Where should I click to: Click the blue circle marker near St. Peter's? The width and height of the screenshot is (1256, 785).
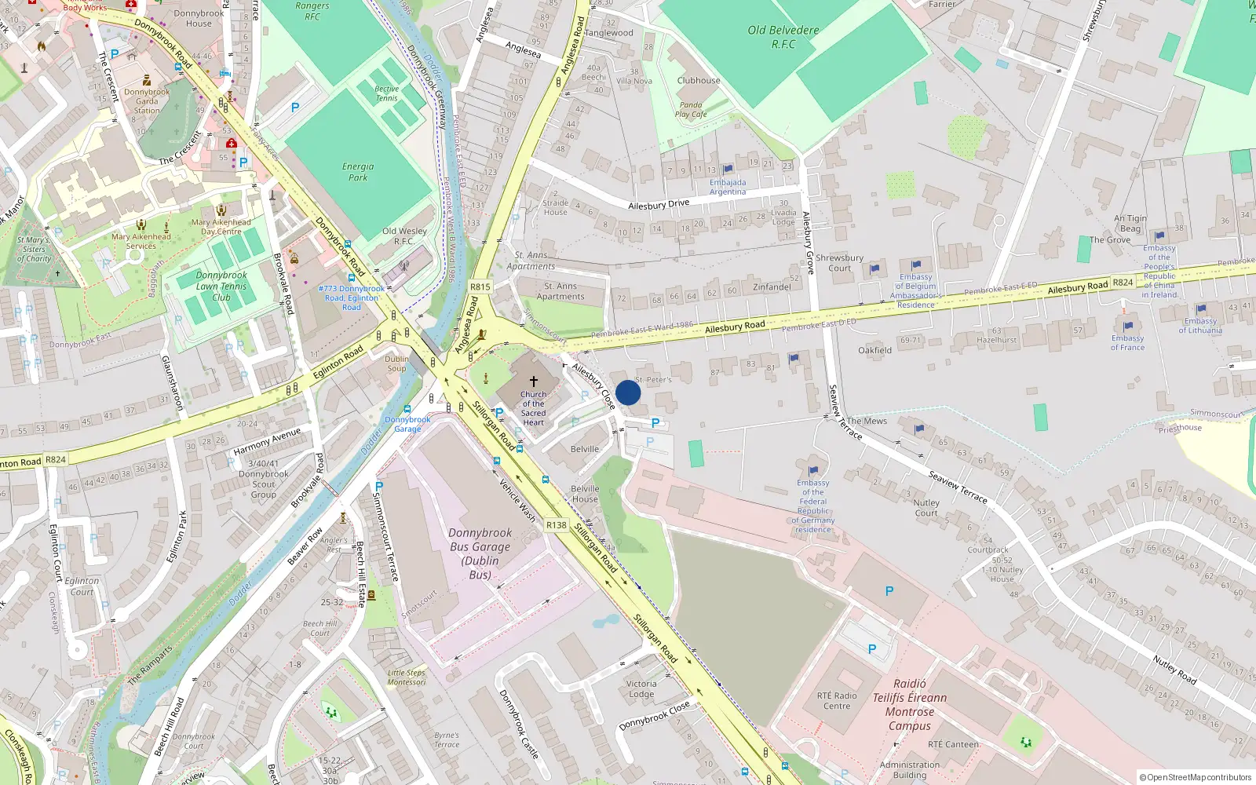tap(628, 392)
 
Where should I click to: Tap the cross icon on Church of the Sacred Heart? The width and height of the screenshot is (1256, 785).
tap(534, 381)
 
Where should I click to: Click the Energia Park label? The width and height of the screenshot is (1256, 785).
tap(358, 172)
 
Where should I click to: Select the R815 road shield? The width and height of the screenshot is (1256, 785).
tap(480, 287)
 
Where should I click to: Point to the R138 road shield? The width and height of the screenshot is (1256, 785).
tap(556, 525)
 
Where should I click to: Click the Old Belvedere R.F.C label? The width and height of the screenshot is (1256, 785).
tap(783, 37)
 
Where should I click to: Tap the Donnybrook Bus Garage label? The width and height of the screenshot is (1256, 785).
tap(480, 553)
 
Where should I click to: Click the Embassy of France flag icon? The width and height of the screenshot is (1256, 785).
tap(1128, 327)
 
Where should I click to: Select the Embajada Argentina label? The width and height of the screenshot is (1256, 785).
tap(728, 187)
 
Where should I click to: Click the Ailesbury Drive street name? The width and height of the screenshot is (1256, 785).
tap(659, 204)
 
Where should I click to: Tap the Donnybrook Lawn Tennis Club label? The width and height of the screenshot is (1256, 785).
tap(221, 286)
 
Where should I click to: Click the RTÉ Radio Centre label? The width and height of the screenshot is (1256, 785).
tap(837, 700)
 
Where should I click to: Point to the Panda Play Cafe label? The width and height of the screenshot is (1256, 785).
tap(691, 109)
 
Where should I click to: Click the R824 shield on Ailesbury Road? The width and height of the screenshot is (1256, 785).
tap(1123, 283)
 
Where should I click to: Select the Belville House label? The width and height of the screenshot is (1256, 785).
tap(585, 493)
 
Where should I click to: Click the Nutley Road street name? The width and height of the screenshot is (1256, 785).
tap(1174, 670)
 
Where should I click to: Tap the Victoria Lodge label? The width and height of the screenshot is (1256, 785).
tap(641, 688)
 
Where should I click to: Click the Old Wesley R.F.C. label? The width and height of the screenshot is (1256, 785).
tap(404, 235)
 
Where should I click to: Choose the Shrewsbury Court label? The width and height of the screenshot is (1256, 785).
tap(839, 262)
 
